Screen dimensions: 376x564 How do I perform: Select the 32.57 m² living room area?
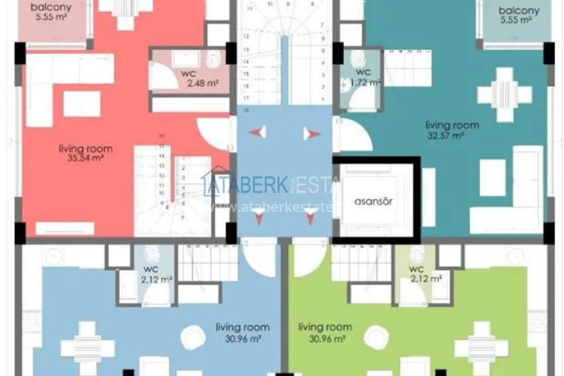point(451,136)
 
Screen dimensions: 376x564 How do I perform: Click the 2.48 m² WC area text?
point(202,83)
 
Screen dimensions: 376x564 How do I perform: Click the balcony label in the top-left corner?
point(50,7)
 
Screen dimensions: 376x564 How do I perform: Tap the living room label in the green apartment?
point(325,327)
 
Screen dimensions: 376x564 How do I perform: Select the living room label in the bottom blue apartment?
point(242,327)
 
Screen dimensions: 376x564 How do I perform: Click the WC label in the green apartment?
point(417,268)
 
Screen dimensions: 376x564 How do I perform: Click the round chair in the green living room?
point(375,339)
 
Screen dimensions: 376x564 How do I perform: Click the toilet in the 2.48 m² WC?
point(214,60)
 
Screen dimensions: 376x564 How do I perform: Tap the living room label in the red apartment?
point(85,149)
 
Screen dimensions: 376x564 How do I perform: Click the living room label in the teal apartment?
point(451,125)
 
